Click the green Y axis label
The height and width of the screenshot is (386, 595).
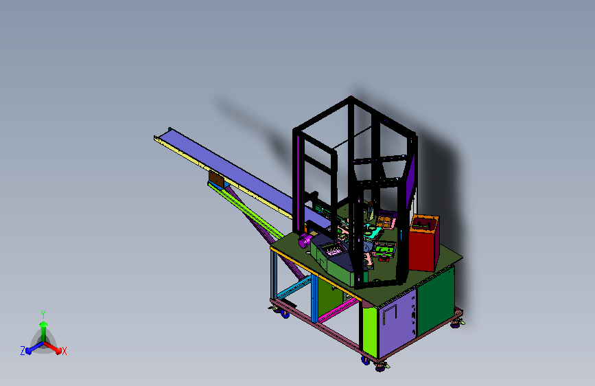43,315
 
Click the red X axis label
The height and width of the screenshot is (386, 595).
64,352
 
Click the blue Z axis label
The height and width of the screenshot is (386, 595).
23,351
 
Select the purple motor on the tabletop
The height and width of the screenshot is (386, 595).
305,240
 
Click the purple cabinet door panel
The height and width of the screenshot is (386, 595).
397,323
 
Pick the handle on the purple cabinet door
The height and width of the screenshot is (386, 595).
389,314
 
